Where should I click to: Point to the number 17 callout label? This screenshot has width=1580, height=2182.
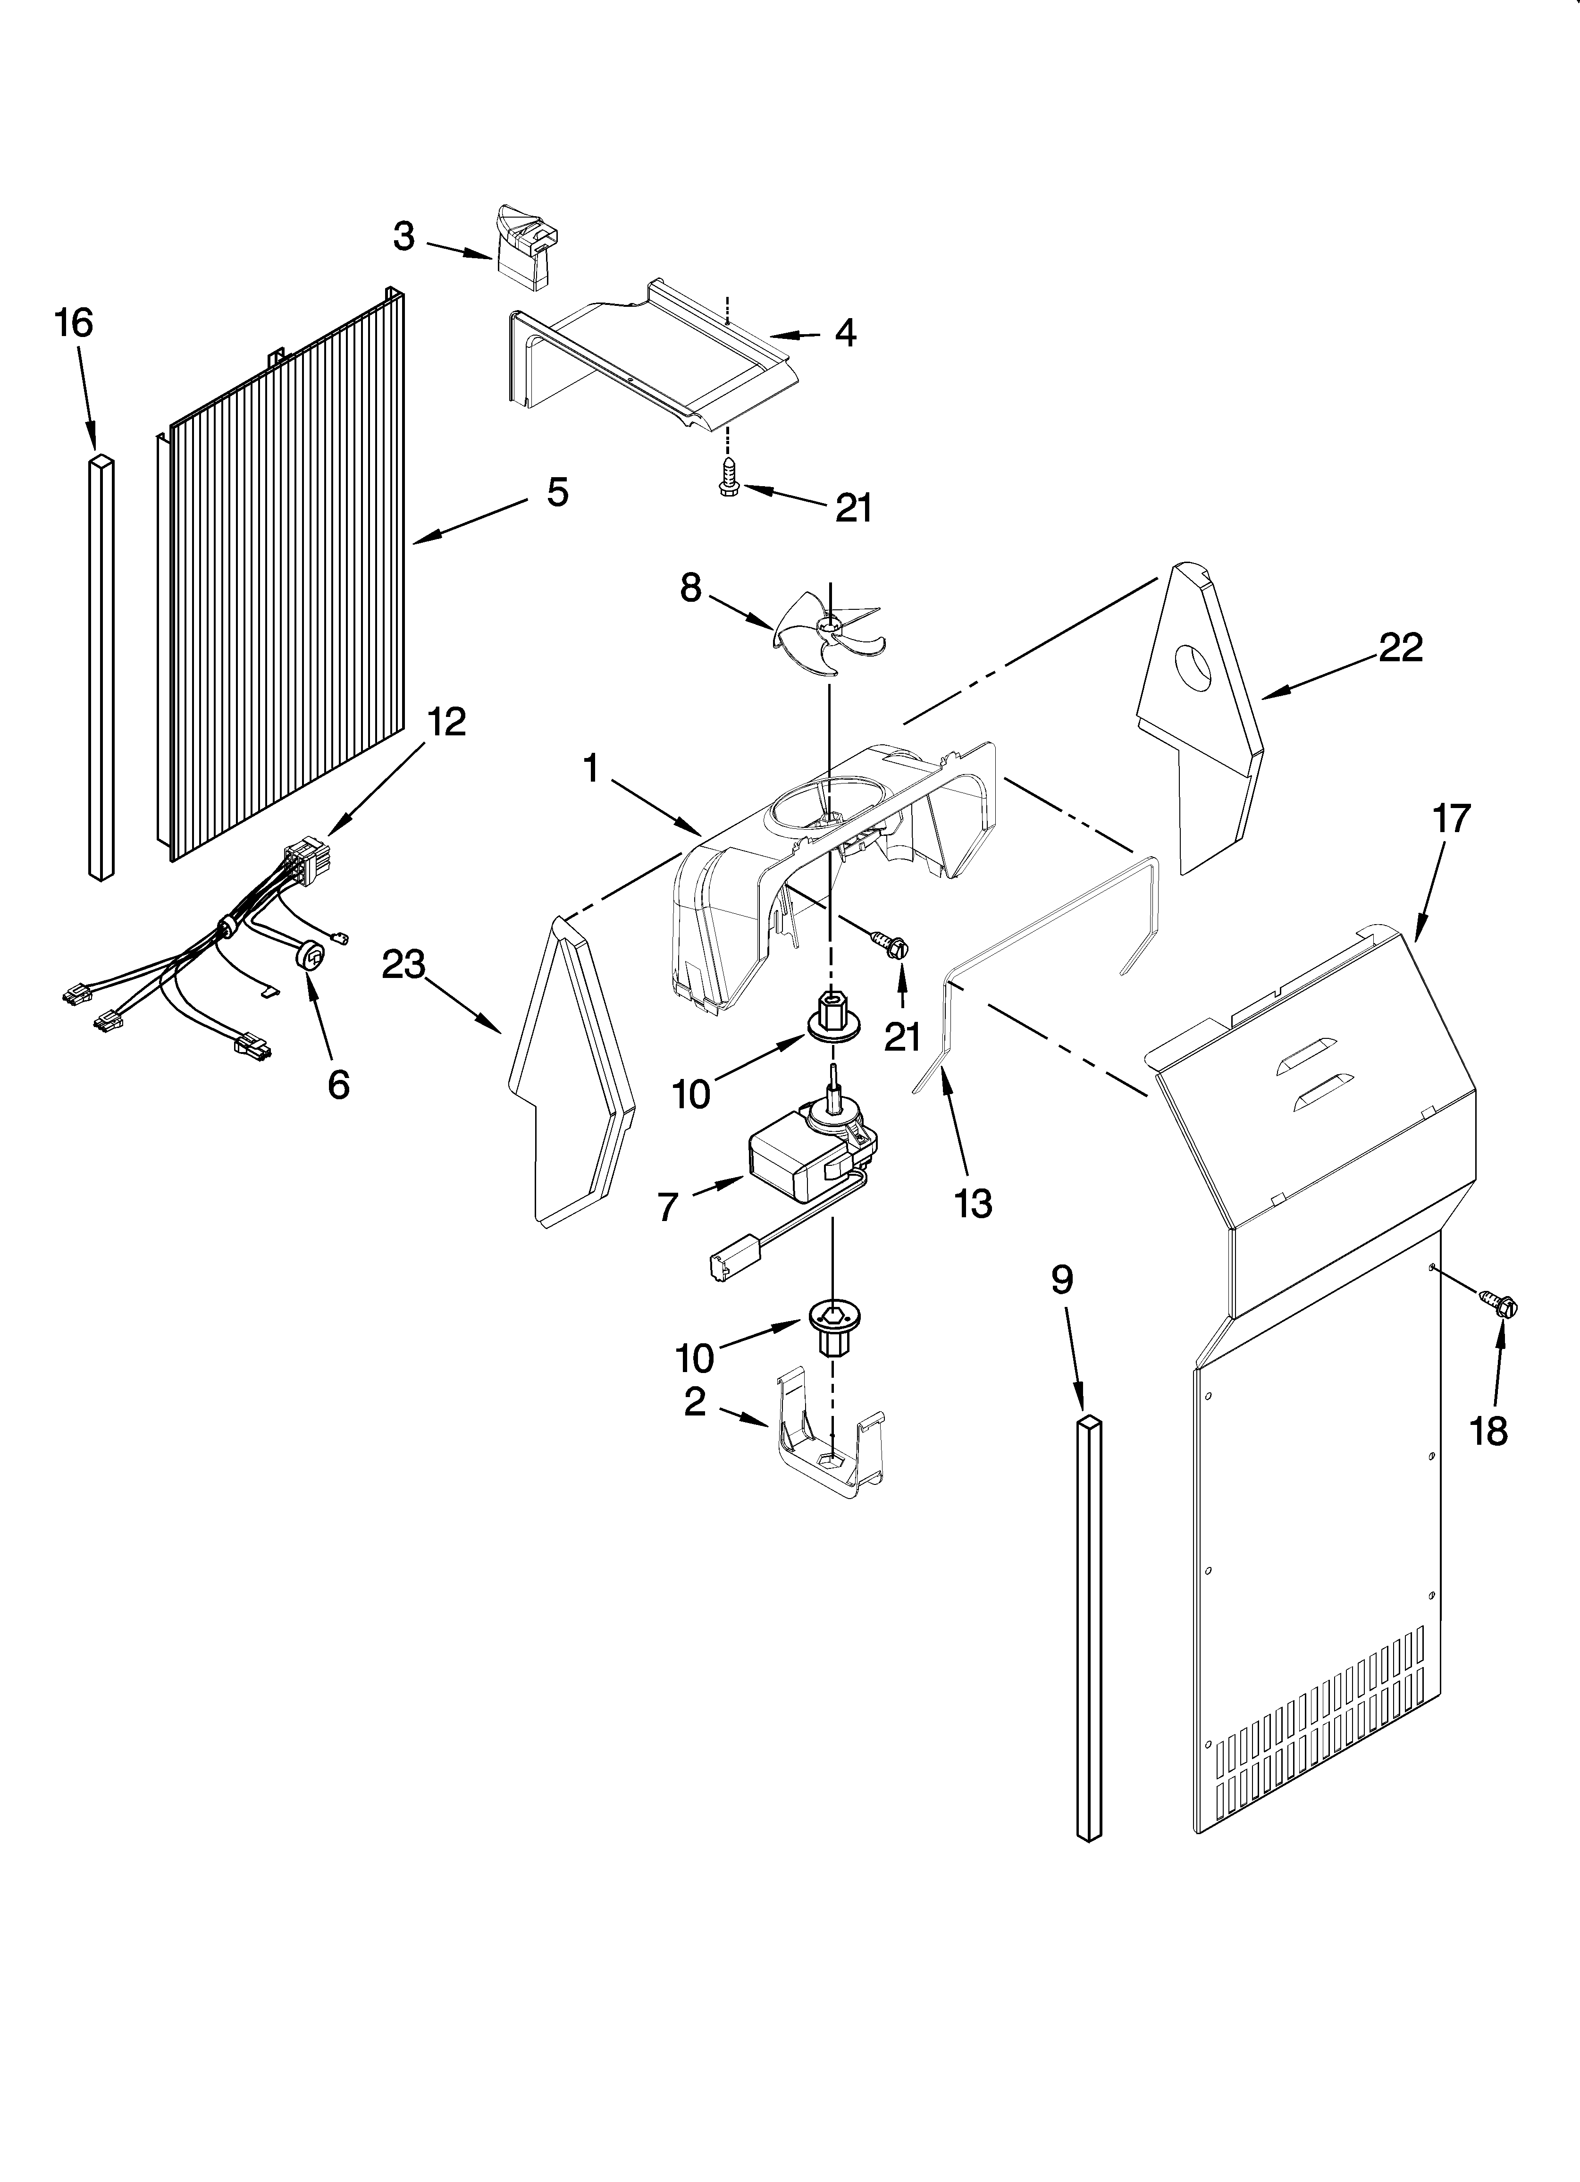click(x=1451, y=819)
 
